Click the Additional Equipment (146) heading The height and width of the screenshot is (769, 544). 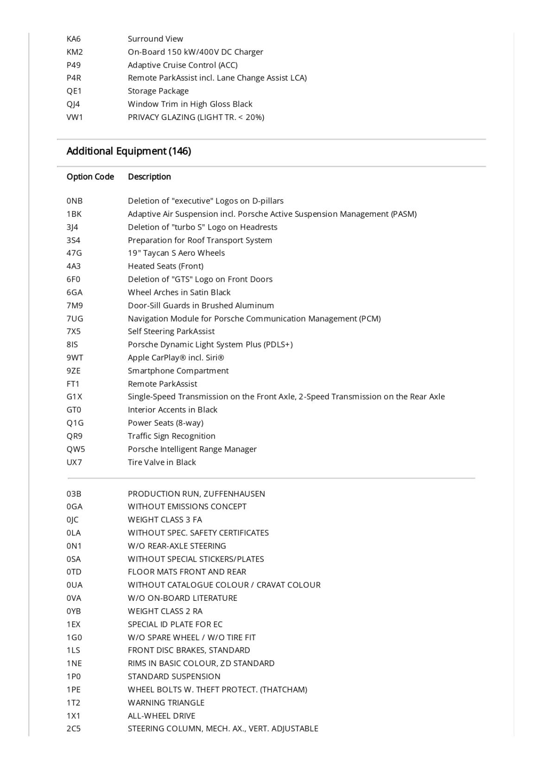point(128,151)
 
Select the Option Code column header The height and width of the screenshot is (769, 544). point(90,176)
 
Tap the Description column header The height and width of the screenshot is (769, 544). point(149,176)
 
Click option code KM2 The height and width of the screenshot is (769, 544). point(75,52)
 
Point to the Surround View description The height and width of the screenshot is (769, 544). point(155,39)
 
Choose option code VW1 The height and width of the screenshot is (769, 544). point(75,117)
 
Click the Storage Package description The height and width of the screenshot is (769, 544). point(158,91)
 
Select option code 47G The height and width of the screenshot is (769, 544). point(74,253)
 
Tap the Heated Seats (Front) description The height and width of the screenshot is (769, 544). point(165,266)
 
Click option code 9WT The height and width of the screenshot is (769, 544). point(75,358)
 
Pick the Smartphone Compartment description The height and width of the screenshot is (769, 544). point(178,371)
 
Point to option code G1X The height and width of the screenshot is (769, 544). point(74,397)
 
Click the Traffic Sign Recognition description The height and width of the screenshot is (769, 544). point(171,436)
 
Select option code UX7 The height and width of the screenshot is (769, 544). point(74,462)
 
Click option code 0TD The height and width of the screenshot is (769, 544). point(74,572)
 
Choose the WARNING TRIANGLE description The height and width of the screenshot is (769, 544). point(166,702)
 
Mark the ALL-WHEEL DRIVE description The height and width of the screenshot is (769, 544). point(161,716)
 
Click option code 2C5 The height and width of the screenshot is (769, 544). point(73,729)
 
